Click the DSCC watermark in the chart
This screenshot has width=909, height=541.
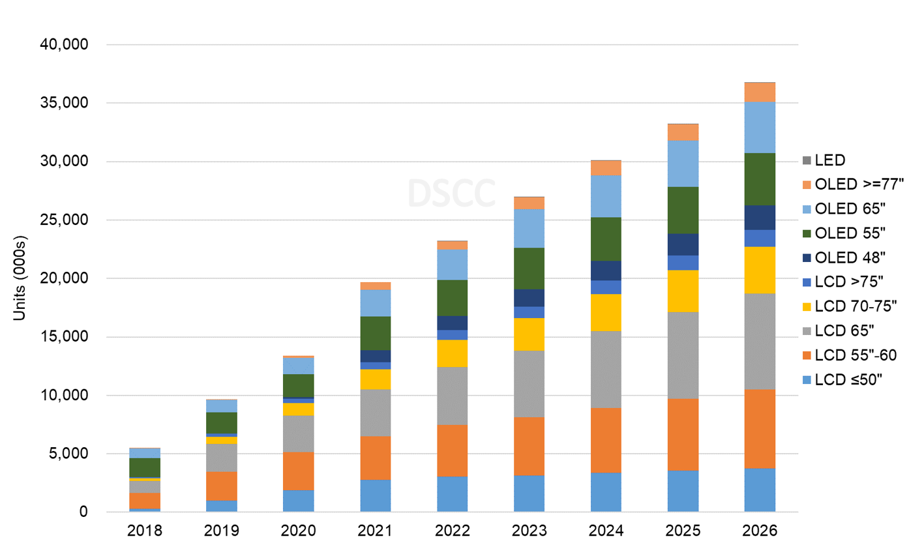click(451, 193)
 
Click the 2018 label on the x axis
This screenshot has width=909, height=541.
click(145, 530)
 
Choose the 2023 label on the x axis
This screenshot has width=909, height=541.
click(529, 530)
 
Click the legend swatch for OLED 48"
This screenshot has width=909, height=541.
click(807, 257)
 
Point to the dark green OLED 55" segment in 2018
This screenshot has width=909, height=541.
click(145, 467)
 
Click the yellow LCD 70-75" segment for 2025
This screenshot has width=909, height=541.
click(683, 291)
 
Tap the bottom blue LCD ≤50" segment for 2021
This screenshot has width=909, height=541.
click(375, 495)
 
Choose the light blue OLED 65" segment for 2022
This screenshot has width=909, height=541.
click(452, 265)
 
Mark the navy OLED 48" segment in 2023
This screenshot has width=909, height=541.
click(529, 297)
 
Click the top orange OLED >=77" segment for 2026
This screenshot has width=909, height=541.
click(760, 92)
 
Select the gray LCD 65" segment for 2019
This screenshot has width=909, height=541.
click(222, 458)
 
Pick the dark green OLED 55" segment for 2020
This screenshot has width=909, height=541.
click(299, 386)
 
